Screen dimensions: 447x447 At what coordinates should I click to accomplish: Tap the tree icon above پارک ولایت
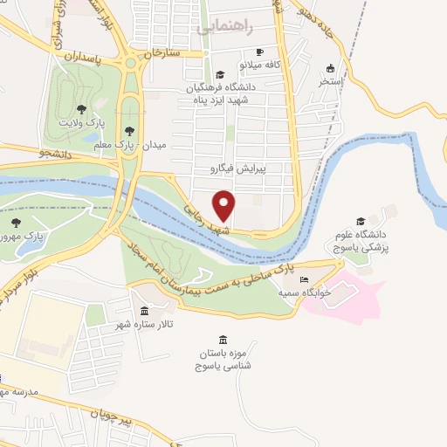tap(81, 109)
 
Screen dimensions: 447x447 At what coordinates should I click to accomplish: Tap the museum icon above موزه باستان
tap(223, 340)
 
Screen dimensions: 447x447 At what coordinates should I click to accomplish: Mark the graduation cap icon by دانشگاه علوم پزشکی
tap(361, 222)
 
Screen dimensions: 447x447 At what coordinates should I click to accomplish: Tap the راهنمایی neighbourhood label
tap(230, 27)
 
